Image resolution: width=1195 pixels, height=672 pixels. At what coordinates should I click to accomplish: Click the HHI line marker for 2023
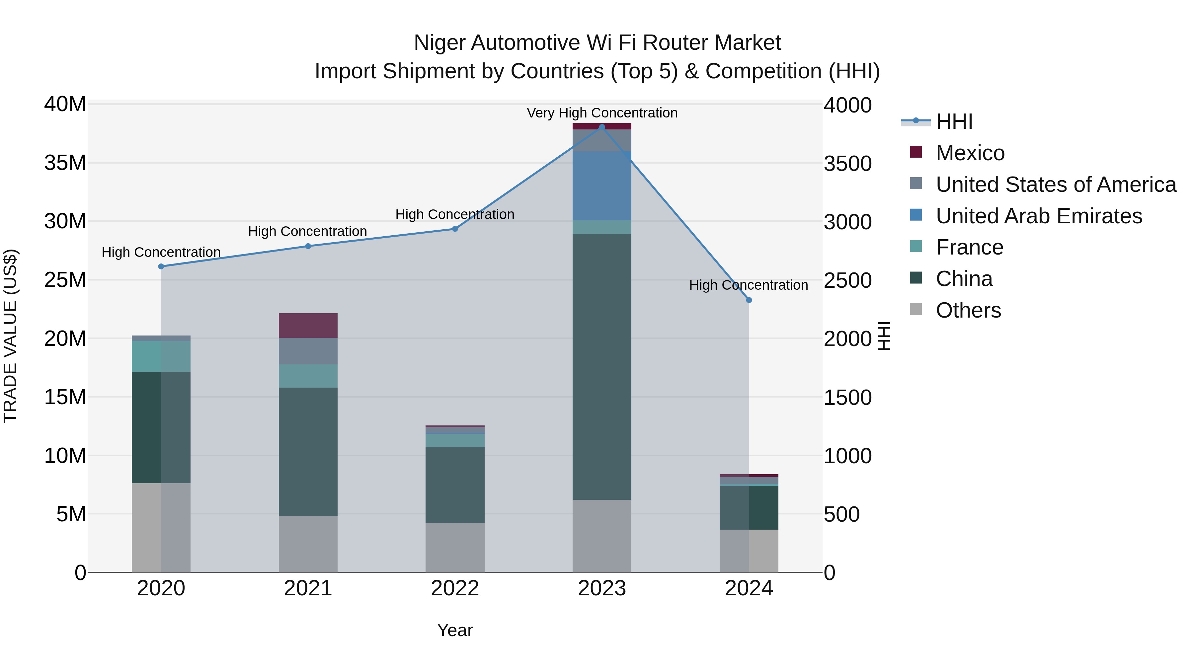click(602, 127)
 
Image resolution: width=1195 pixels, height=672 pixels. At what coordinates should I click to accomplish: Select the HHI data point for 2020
click(161, 266)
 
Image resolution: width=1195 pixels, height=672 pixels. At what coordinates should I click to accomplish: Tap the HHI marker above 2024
click(749, 300)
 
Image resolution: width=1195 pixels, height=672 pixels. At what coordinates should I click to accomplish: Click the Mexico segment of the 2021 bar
click(308, 326)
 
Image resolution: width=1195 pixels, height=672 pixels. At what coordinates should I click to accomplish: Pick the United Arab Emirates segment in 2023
click(602, 186)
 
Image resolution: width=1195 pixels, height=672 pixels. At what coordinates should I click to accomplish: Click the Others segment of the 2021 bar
click(308, 544)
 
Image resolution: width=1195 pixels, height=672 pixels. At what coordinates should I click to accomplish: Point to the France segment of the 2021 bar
click(308, 376)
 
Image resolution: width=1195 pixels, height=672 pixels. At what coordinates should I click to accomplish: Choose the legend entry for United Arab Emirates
click(1038, 216)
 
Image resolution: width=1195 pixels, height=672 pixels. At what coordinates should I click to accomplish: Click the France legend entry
click(969, 248)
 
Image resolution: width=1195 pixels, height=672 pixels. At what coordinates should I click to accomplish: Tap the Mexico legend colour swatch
click(916, 152)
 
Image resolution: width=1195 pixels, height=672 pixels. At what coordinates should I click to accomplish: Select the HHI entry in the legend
click(954, 121)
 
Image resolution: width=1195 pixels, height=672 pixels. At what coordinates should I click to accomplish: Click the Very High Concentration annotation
click(602, 113)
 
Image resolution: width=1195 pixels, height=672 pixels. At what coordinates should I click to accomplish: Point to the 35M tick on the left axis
click(65, 163)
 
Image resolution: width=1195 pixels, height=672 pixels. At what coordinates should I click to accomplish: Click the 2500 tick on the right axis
click(847, 280)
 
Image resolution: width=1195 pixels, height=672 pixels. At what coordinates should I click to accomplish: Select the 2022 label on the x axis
click(455, 588)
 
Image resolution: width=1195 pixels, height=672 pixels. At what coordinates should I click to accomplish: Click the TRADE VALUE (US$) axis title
click(10, 336)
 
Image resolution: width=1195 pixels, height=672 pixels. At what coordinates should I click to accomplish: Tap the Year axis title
click(455, 630)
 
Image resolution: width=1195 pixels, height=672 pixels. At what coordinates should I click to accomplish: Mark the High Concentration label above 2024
click(748, 285)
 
